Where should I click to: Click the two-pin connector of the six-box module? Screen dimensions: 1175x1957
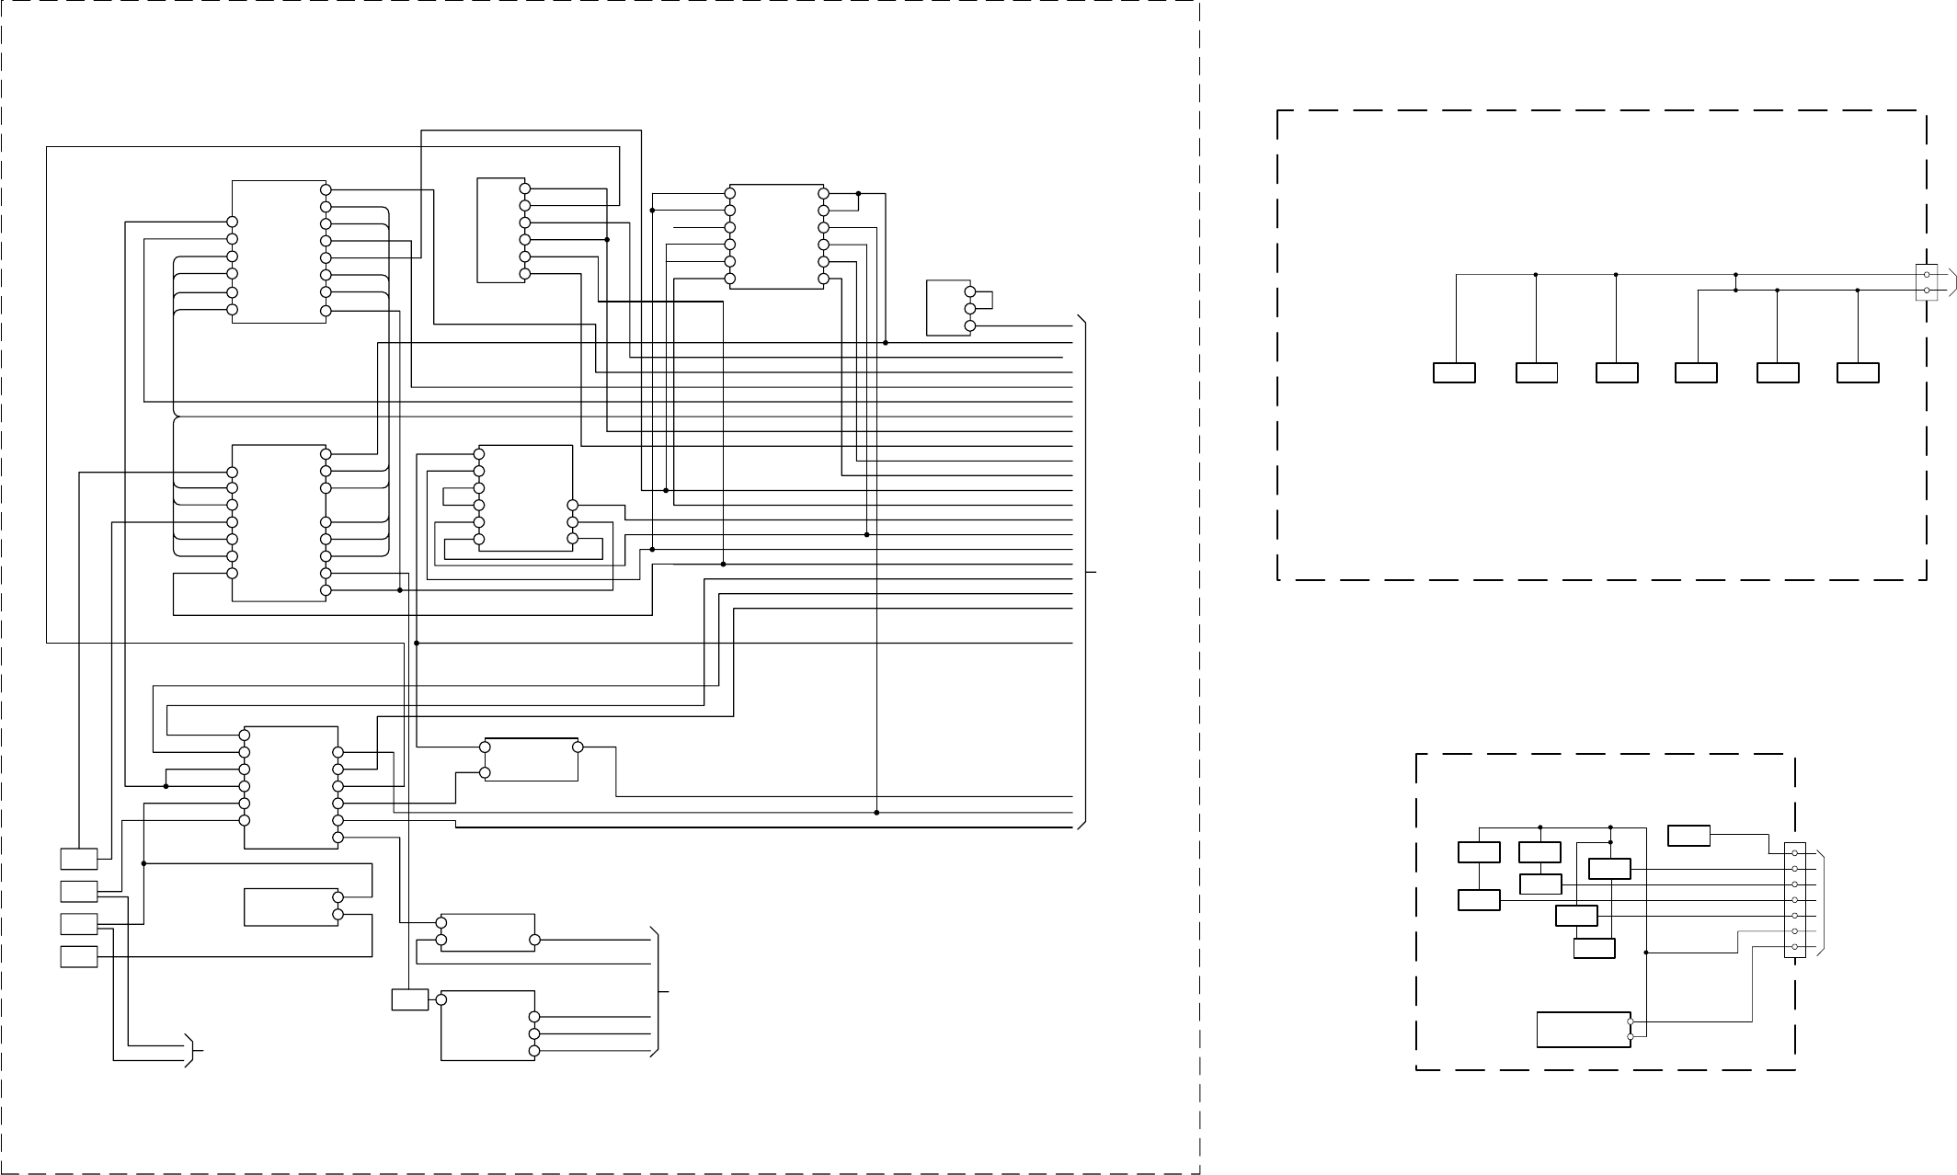[x=1926, y=282]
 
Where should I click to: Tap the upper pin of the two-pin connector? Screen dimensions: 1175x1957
[x=1926, y=275]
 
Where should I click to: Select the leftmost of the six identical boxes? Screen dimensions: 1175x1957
[x=1454, y=372]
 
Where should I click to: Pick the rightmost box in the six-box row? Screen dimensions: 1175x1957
[x=1857, y=372]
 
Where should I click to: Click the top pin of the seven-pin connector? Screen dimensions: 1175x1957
[x=1794, y=853]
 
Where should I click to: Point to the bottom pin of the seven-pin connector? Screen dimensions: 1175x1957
[x=1794, y=947]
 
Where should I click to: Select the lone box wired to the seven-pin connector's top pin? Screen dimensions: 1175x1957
[x=1688, y=836]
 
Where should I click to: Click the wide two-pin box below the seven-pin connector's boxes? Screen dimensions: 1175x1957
[x=1584, y=1029]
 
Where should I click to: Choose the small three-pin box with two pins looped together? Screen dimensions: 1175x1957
[x=949, y=308]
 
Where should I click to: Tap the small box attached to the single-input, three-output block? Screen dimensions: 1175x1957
[x=409, y=999]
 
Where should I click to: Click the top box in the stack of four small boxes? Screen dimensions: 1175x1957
[x=79, y=859]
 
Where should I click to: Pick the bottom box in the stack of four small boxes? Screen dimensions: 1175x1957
[x=79, y=957]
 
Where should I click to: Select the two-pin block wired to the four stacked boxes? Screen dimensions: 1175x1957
[x=291, y=907]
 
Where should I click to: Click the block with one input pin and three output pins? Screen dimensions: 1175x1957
[x=487, y=1025]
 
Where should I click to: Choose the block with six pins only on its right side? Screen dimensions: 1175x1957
[x=500, y=231]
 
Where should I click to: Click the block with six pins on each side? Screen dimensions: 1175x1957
[x=777, y=236]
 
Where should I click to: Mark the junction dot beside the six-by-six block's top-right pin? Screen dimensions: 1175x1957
[x=858, y=194]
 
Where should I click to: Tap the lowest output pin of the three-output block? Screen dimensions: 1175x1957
[x=534, y=1051]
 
